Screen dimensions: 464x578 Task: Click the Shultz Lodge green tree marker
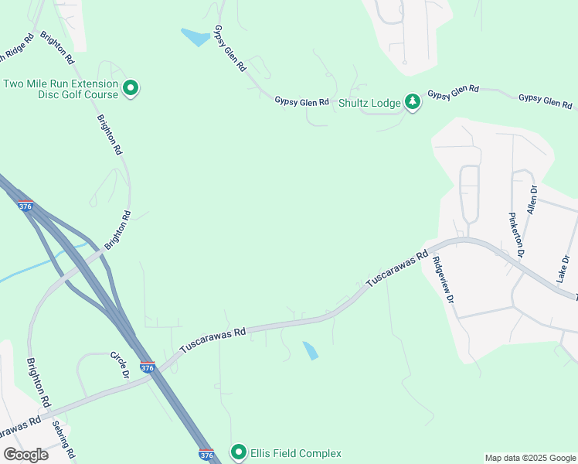413,102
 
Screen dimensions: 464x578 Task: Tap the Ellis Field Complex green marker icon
239,452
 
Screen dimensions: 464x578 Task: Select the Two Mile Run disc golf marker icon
131,89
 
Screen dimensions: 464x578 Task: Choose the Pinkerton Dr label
515,234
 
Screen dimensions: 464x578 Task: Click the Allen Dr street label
532,199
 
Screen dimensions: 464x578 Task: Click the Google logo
25,455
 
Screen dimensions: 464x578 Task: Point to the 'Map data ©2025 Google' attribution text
530,458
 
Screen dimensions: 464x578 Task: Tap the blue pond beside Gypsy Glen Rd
195,36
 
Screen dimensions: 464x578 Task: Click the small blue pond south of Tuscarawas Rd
310,350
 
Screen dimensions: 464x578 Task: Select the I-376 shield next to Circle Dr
148,367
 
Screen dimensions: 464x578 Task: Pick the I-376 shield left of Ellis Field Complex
206,455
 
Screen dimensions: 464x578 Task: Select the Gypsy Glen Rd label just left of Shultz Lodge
302,101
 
